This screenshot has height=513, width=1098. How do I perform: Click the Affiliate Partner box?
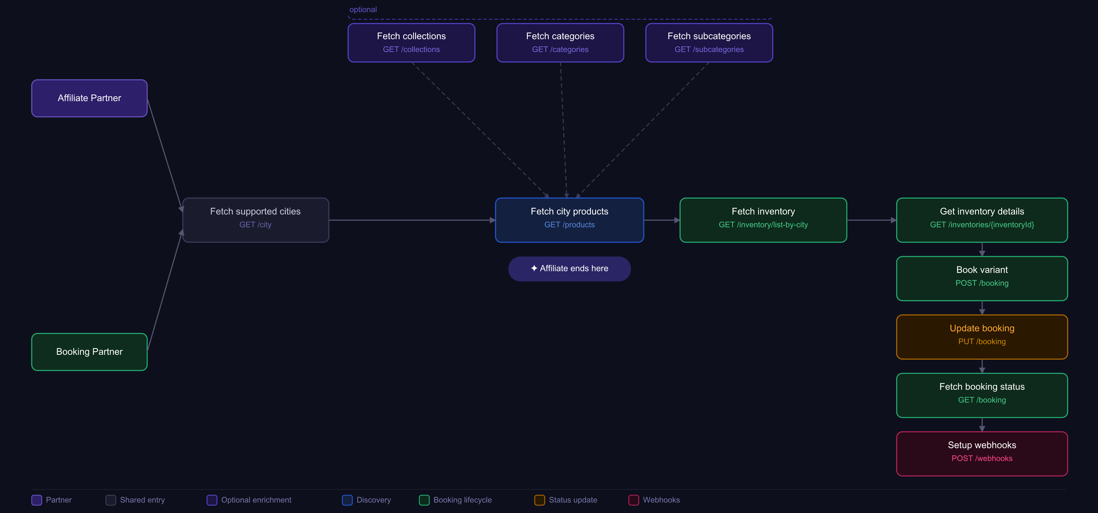coord(89,98)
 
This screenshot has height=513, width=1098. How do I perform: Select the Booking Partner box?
coord(89,352)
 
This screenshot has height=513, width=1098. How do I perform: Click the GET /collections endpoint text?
coord(411,50)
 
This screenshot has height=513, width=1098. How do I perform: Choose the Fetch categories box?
coord(560,43)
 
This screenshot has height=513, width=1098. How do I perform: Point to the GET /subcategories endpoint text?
coord(709,50)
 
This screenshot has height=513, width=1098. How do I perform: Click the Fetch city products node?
coord(569,220)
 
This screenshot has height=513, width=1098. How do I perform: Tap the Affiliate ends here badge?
coord(569,269)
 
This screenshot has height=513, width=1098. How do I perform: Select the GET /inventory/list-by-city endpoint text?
coord(763,225)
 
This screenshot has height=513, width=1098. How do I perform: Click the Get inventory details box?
coord(982,220)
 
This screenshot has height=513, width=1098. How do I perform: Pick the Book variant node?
coord(982,278)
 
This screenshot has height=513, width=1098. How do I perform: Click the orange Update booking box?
coord(982,337)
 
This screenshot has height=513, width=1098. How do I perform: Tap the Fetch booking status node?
coord(982,395)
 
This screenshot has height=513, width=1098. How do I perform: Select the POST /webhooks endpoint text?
coord(982,458)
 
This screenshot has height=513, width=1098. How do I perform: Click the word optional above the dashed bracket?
coord(363,9)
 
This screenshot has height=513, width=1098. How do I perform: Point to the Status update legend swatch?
coord(540,500)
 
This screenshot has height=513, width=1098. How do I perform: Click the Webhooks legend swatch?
coord(634,500)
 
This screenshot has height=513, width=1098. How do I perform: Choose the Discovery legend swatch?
coord(347,500)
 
